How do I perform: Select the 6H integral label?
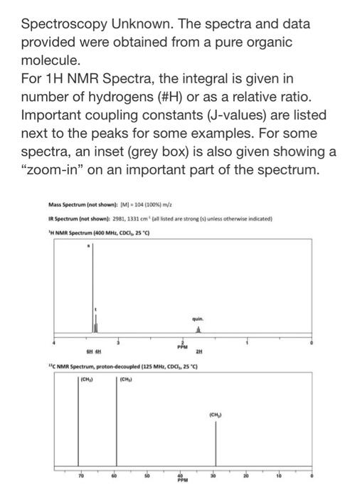[83, 350]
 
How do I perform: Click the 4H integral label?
[97, 350]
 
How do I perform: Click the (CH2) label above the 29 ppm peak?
[216, 412]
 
